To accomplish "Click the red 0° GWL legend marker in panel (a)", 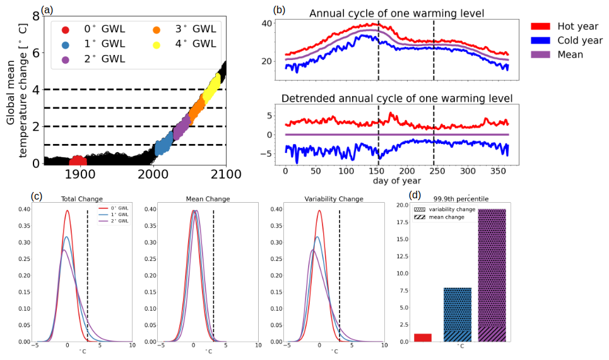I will [65, 29].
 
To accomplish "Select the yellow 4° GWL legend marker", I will [157, 44].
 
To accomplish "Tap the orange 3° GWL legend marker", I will [157, 29].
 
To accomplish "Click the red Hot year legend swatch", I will [540, 26].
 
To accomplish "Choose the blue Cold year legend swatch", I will [540, 40].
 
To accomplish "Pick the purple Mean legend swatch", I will [540, 54].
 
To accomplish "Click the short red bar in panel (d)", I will [423, 338].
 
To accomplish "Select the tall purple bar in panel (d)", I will [492, 275].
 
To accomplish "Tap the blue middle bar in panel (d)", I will [458, 315].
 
